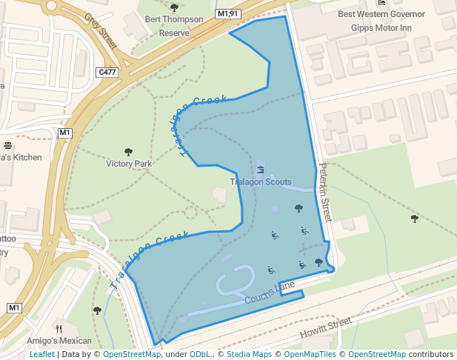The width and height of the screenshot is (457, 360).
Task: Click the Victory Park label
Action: [129, 164]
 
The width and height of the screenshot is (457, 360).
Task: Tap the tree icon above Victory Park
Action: [128, 152]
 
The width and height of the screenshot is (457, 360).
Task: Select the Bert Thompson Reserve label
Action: [174, 26]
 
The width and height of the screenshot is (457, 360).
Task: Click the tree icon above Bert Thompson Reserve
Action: [174, 7]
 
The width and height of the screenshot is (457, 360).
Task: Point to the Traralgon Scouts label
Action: [260, 181]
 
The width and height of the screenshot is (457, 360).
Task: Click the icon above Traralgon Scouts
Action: [260, 170]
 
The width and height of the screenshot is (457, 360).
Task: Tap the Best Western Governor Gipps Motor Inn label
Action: [381, 20]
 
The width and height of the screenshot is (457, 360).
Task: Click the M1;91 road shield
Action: [227, 14]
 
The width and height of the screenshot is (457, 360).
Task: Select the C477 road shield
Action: [107, 72]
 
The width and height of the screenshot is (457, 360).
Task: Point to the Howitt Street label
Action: [325, 329]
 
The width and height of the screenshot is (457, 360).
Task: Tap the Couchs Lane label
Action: [270, 293]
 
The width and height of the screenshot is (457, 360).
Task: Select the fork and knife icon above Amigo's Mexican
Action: [59, 328]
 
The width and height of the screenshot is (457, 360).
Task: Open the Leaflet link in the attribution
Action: [41, 354]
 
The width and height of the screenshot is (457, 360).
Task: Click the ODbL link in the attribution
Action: [200, 354]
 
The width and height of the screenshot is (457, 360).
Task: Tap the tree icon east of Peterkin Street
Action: [414, 219]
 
